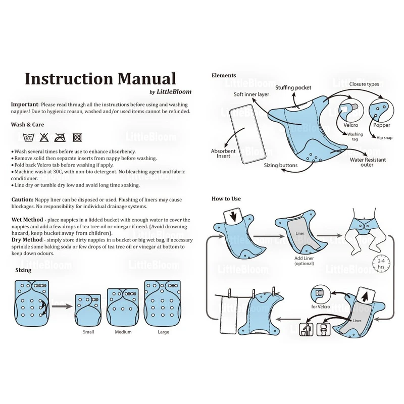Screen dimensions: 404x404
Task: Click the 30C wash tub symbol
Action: pos(28,137)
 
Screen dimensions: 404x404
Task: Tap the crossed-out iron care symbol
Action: pos(61,137)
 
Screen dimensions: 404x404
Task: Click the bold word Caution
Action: pos(23,200)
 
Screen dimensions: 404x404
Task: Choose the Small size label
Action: pos(88,332)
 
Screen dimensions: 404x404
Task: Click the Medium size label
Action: pos(123,332)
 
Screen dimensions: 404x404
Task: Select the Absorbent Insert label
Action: pos(223,154)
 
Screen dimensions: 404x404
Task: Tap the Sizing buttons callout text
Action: pos(281,165)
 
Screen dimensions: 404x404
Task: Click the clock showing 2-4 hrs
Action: pos(381,264)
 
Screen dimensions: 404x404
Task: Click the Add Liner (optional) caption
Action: pos(304,261)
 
